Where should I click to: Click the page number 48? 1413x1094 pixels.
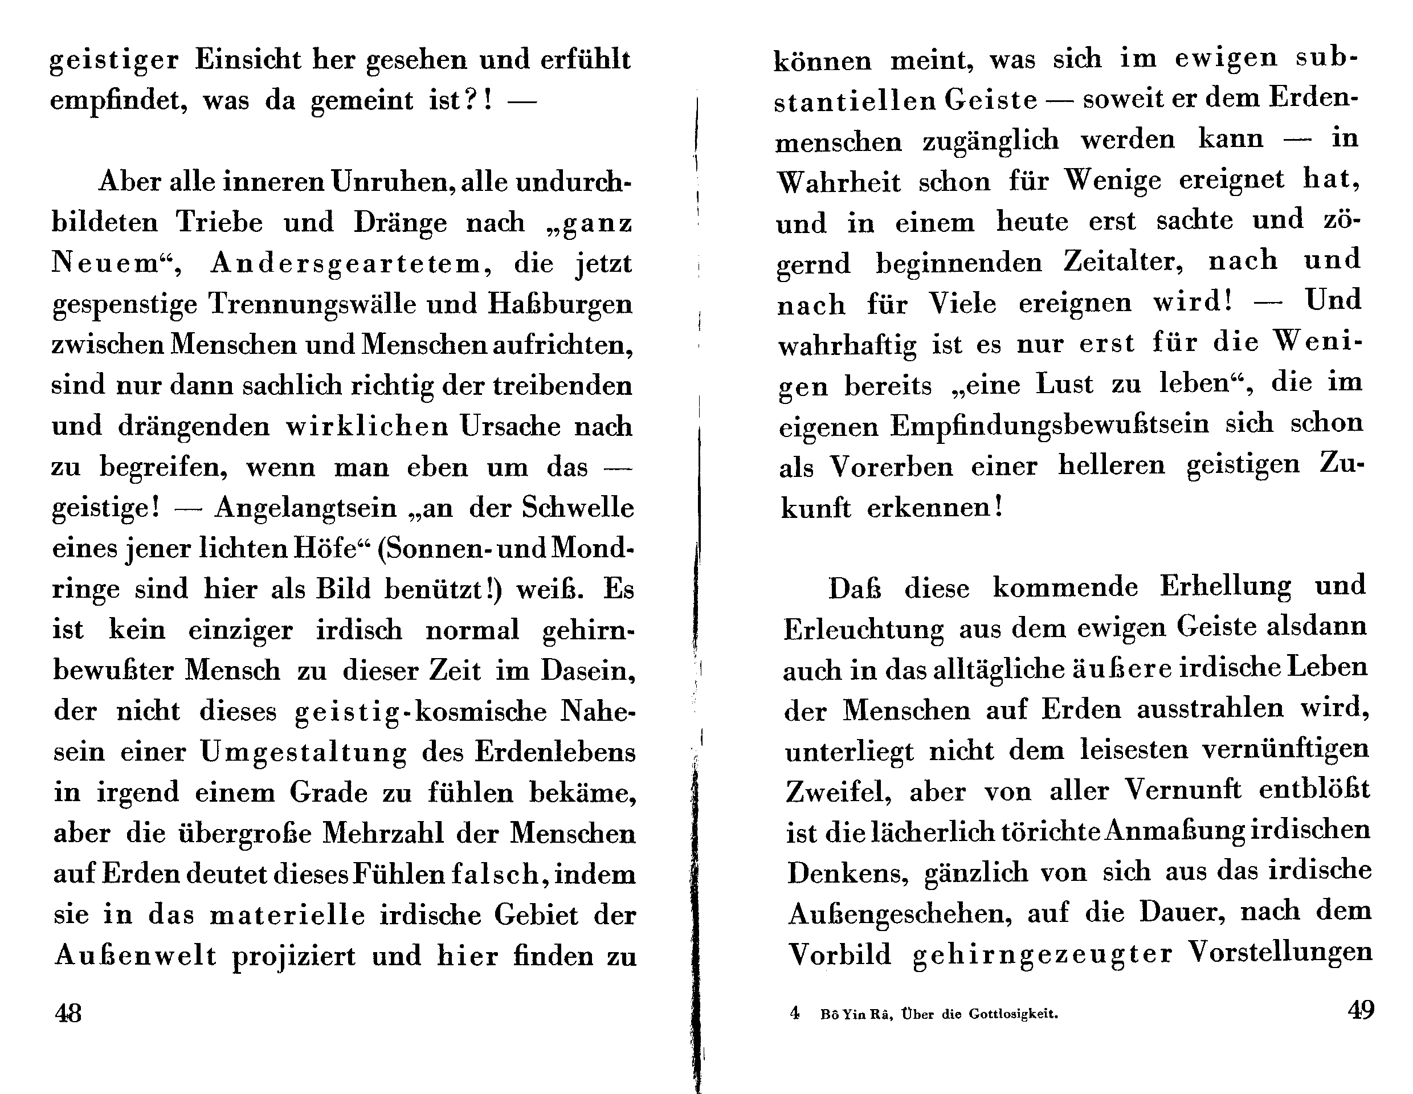click(x=68, y=1013)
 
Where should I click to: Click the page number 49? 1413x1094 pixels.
click(x=1361, y=1010)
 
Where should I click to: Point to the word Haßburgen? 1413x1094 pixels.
click(x=560, y=304)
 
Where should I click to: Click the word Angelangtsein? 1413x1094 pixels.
click(x=305, y=508)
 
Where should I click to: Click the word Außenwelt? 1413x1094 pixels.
click(x=135, y=956)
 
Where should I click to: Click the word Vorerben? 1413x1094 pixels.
click(x=892, y=467)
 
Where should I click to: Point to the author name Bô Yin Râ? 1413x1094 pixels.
click(x=856, y=1014)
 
